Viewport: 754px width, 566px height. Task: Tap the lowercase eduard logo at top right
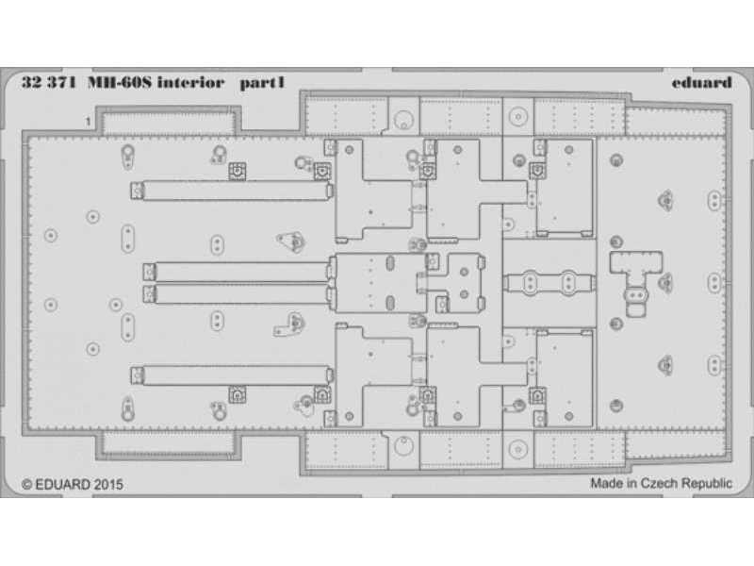pos(703,83)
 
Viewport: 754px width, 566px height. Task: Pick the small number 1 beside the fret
pos(88,122)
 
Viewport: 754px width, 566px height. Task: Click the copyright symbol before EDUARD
pos(25,484)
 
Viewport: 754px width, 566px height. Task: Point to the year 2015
pos(108,484)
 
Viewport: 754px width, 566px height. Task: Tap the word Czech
pos(661,483)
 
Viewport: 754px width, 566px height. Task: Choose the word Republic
pos(706,483)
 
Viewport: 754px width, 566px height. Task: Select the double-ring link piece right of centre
pos(549,281)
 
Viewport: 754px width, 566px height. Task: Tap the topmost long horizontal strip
pos(233,191)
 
